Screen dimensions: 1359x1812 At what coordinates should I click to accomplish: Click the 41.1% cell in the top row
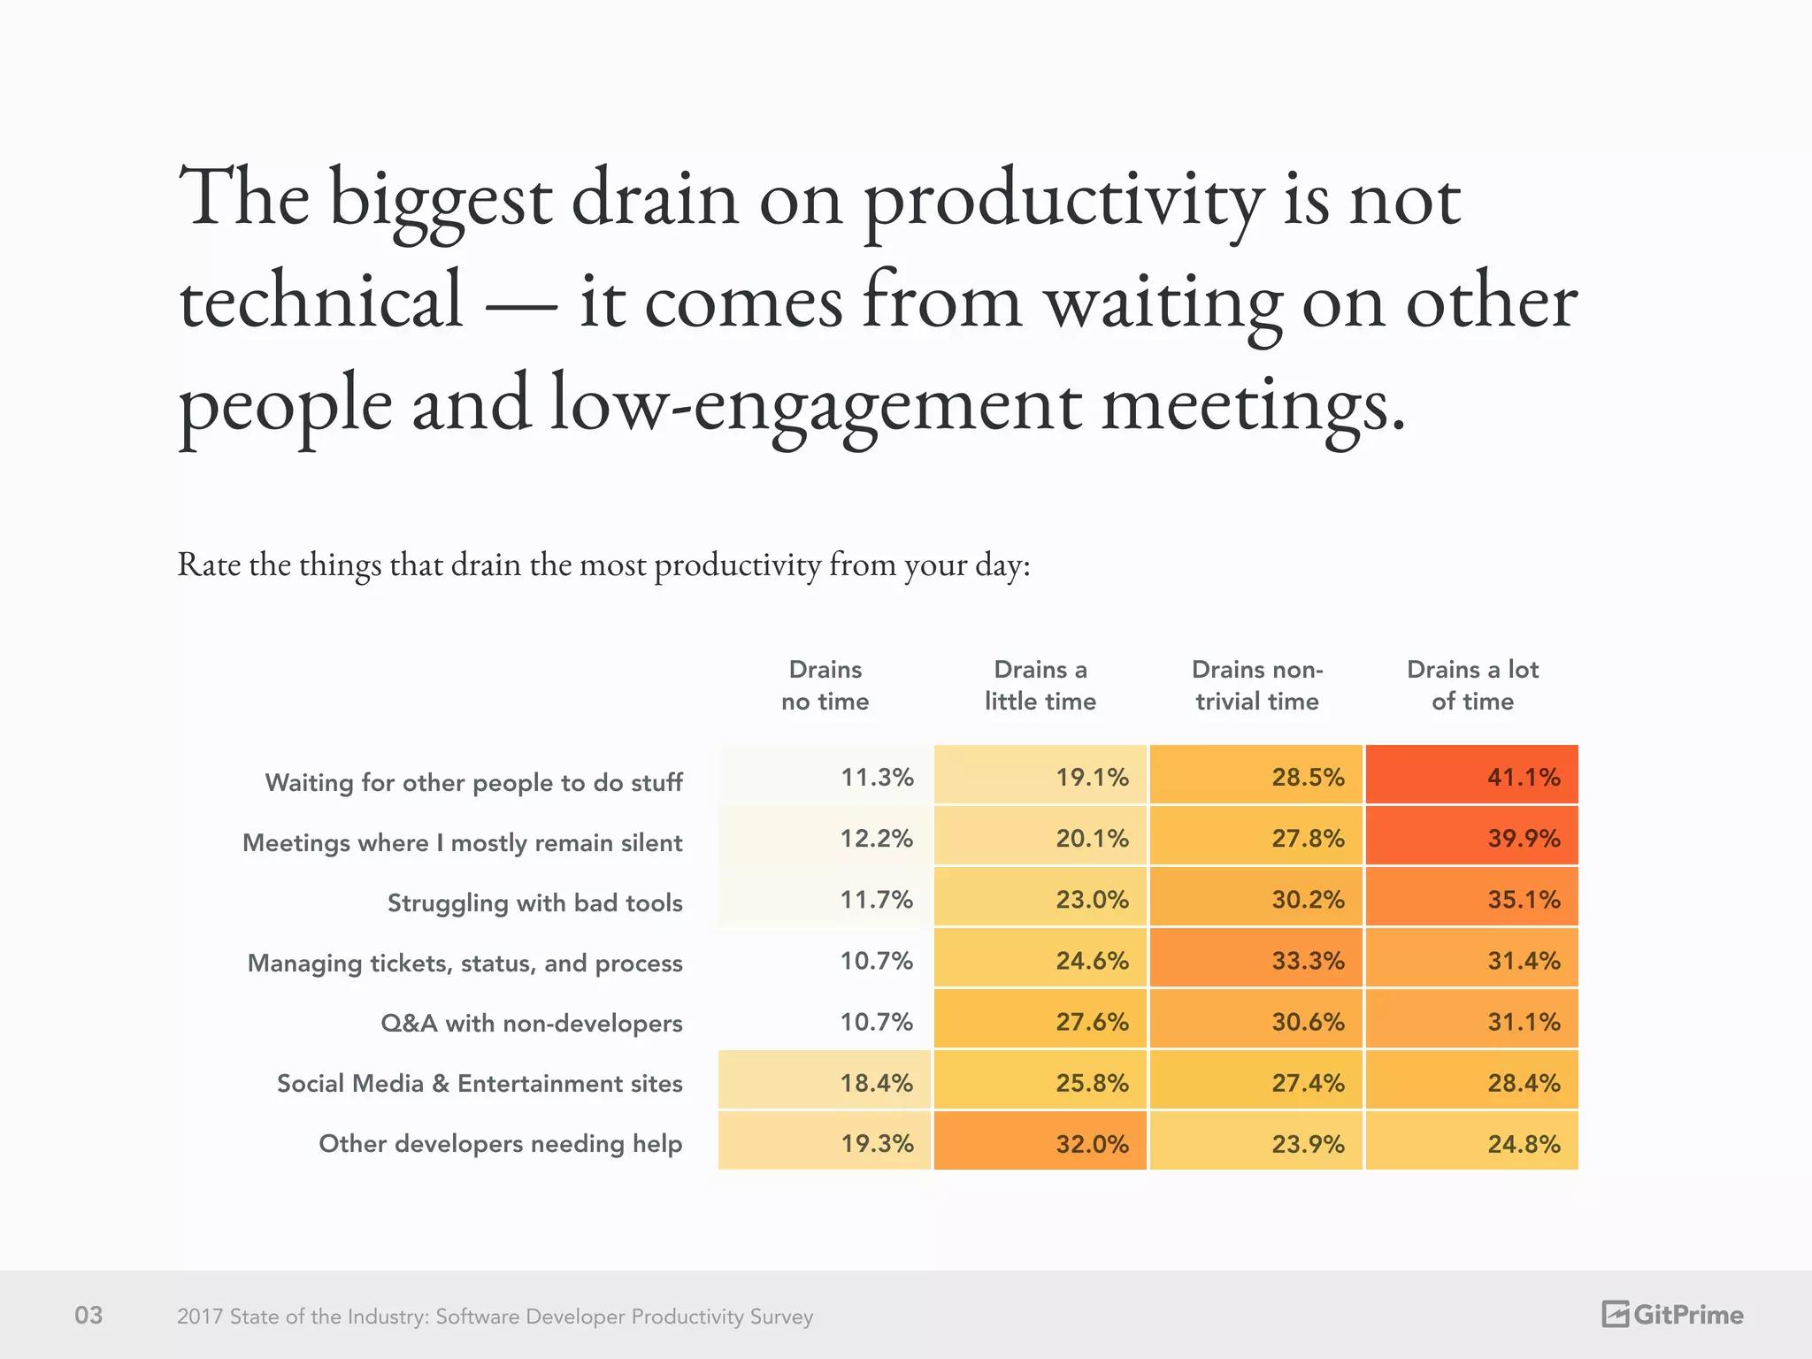(1471, 776)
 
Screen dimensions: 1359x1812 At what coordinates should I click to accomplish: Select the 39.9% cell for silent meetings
(1471, 837)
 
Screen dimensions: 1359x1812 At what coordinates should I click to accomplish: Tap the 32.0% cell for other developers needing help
(1040, 1142)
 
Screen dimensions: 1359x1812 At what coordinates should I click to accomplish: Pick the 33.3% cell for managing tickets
(1255, 959)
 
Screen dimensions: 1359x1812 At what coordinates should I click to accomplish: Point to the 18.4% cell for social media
(825, 1081)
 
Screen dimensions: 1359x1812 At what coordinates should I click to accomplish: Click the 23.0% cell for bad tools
(1040, 898)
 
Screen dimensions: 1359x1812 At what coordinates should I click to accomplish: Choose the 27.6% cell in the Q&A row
(1040, 1020)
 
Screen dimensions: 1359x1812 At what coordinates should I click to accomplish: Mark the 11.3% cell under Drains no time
(825, 776)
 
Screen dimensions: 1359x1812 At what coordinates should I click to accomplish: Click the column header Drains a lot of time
(1472, 685)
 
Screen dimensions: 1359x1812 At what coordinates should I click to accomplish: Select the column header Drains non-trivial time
(1256, 685)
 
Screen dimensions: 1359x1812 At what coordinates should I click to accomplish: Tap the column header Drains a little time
(1040, 685)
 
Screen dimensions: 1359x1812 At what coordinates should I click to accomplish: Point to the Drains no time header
(825, 685)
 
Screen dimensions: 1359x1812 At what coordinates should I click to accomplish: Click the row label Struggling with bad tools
(534, 902)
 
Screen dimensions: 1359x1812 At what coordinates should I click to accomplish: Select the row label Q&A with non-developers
(531, 1023)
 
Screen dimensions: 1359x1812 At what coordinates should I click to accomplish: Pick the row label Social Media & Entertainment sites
(480, 1083)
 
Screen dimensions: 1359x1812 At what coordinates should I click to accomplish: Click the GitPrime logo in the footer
(1672, 1314)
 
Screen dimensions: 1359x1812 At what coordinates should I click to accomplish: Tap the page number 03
(88, 1315)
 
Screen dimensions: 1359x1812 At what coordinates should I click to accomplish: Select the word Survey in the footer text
(781, 1317)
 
